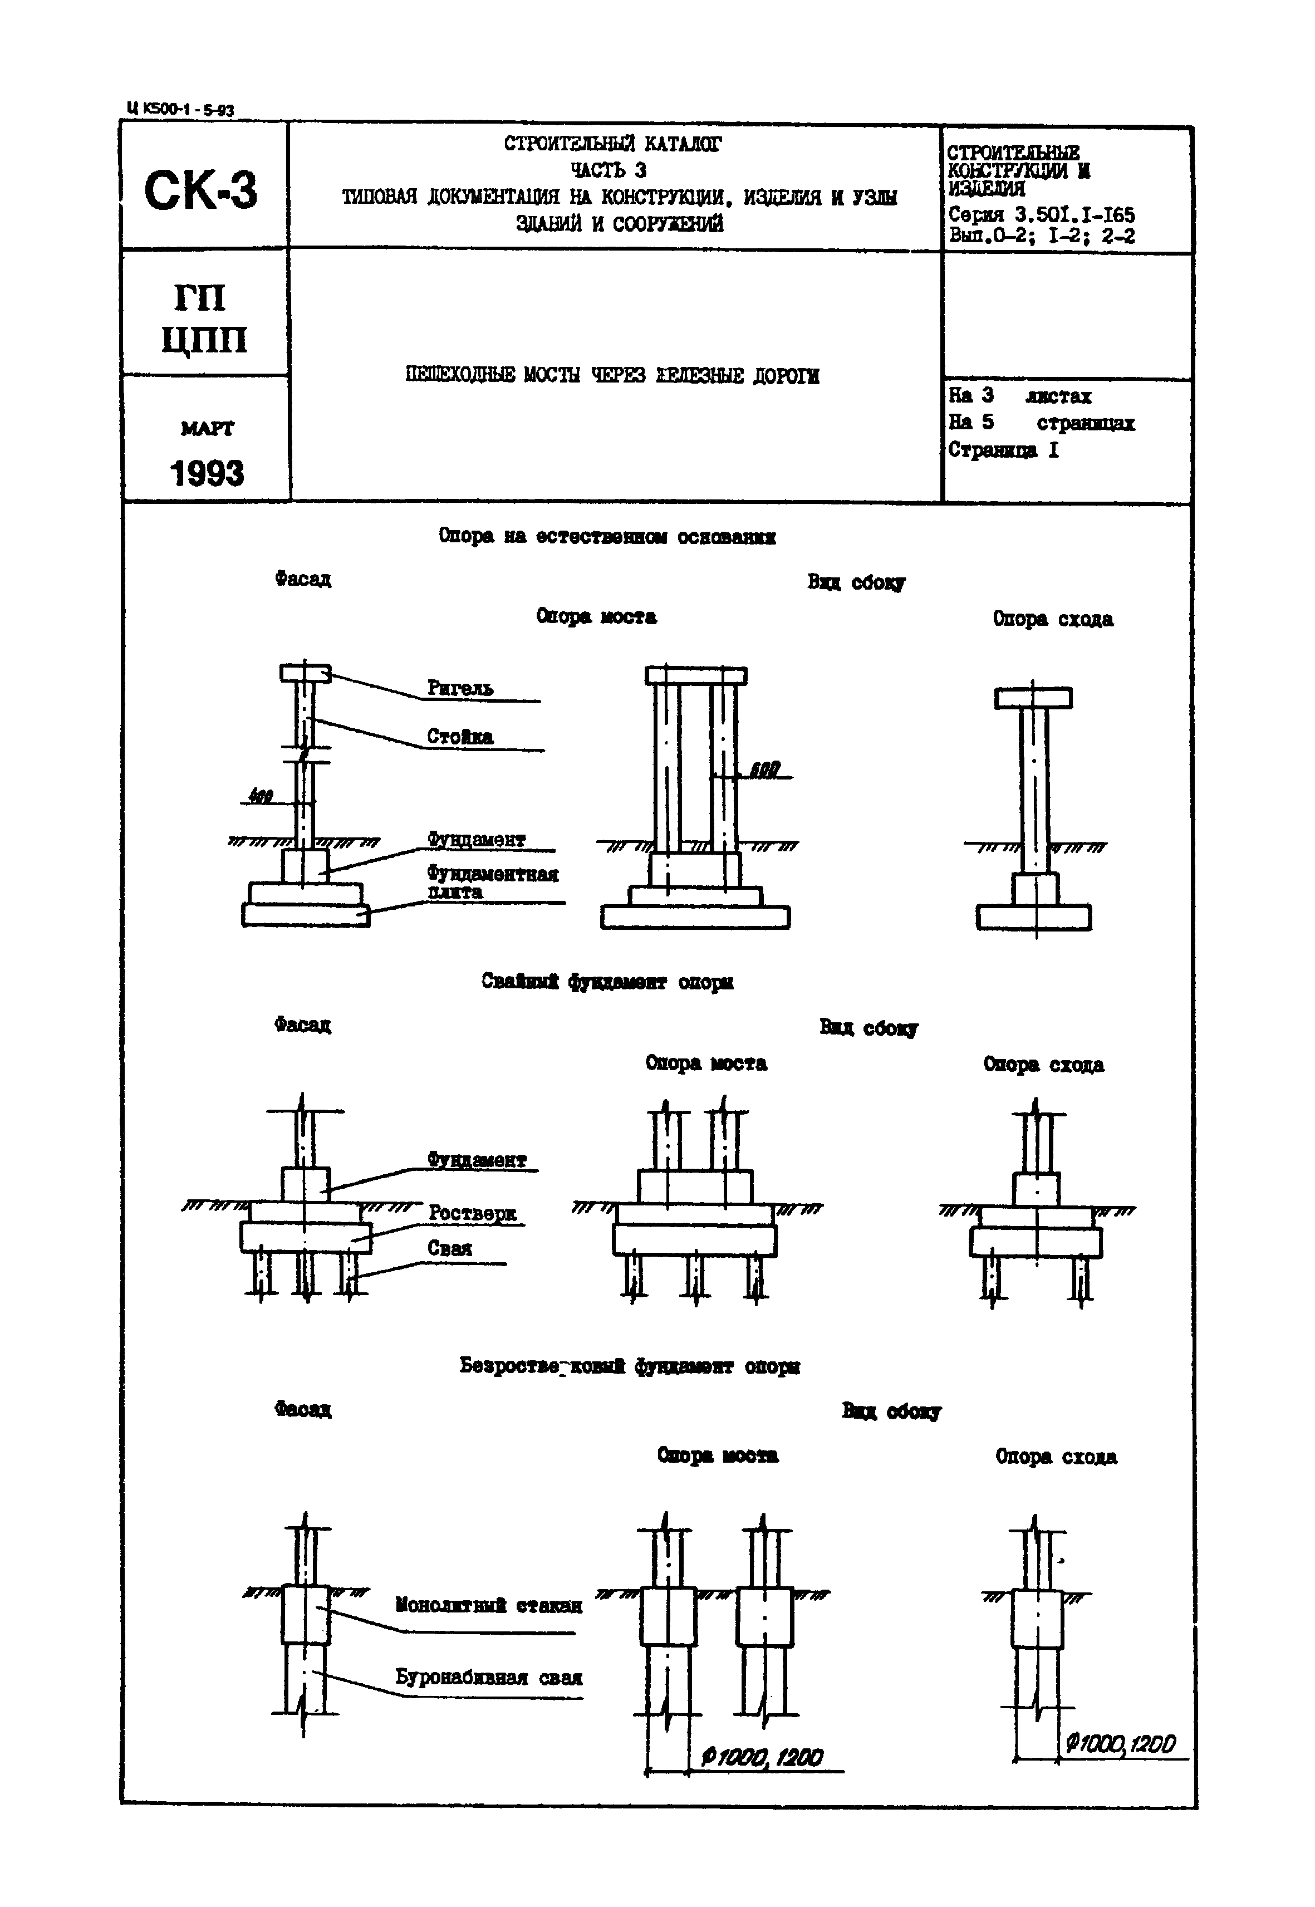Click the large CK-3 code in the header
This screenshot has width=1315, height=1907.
(200, 190)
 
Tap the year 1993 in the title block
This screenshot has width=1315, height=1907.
(207, 473)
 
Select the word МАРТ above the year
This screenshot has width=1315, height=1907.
(207, 429)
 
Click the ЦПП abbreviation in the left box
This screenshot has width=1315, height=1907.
(204, 340)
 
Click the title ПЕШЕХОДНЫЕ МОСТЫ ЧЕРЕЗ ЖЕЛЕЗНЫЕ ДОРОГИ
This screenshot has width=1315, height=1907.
(612, 376)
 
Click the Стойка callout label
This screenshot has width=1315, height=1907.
(460, 737)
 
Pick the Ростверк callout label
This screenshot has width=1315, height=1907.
(472, 1213)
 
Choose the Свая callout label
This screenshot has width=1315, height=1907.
(450, 1248)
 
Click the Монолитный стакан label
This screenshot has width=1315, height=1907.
(489, 1605)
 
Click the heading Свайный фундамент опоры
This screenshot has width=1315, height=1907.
(607, 982)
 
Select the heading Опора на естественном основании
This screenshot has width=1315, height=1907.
(606, 537)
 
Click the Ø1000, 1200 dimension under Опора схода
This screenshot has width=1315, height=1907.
(1121, 1744)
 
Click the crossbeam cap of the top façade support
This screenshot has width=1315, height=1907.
(305, 673)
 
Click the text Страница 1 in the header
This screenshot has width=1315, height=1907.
(1003, 450)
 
